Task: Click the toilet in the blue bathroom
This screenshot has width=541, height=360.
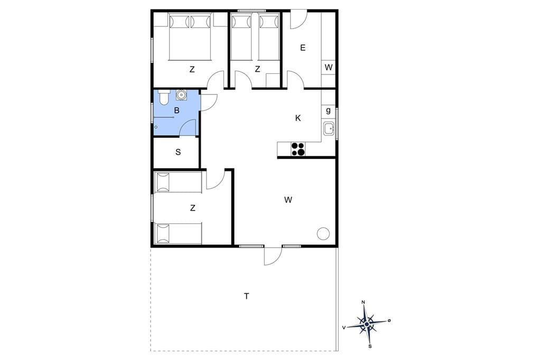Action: click(163, 97)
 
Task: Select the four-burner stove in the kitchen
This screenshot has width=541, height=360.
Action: click(298, 149)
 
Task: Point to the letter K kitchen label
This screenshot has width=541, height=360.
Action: click(298, 118)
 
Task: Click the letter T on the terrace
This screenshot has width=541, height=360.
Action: click(246, 296)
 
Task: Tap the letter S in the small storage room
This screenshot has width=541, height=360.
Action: click(178, 152)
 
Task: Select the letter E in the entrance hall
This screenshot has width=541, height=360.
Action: click(303, 48)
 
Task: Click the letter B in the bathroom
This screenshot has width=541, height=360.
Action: click(177, 111)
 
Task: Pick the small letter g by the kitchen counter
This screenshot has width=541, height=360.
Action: click(328, 110)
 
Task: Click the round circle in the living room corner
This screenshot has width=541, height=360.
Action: click(323, 234)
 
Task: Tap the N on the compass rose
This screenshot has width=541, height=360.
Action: click(363, 302)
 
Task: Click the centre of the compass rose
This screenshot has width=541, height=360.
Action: click(367, 324)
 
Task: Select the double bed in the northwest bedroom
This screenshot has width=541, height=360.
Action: click(190, 36)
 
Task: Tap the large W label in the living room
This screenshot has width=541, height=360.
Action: click(288, 200)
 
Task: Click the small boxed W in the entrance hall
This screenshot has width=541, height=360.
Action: click(329, 67)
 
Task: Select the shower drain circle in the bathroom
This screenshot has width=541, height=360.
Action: click(156, 127)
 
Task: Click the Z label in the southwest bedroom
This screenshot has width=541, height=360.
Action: click(192, 208)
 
